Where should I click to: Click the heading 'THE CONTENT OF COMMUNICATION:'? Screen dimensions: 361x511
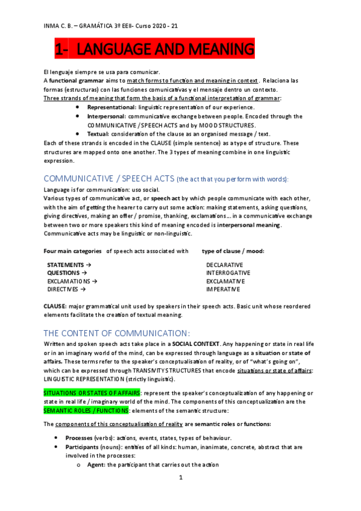(117, 333)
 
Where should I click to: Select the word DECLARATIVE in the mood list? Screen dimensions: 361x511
(224, 265)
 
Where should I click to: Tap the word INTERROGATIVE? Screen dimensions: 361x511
(228, 273)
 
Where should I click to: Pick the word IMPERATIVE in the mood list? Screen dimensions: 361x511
(224, 289)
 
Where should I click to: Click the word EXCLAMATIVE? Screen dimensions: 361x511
(225, 281)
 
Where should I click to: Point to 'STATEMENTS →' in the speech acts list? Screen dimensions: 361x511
(69, 265)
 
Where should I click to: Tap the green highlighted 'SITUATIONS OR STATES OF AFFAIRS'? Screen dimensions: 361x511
(92, 392)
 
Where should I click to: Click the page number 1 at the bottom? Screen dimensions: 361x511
(180, 495)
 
